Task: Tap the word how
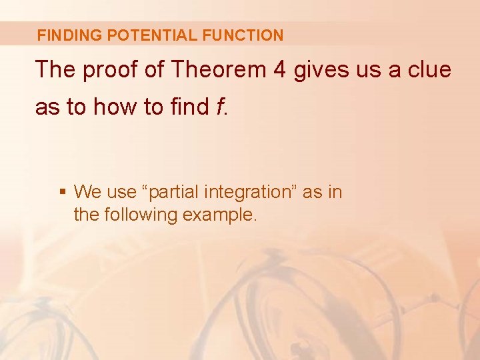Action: (x=115, y=106)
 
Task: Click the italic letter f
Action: (x=220, y=106)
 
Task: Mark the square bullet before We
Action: (x=62, y=193)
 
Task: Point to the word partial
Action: (x=175, y=192)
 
